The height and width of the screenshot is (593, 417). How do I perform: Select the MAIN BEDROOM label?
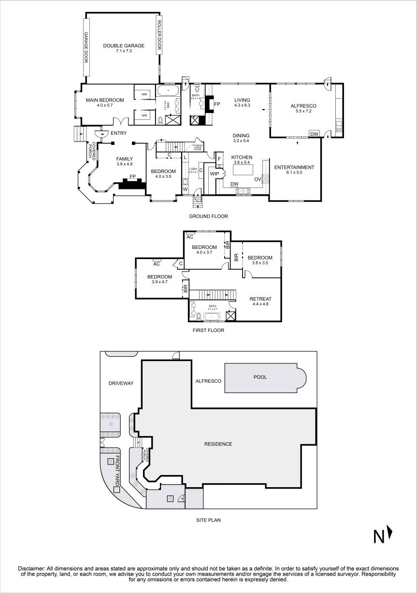point(105,100)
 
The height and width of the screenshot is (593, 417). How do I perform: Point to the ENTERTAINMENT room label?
point(294,167)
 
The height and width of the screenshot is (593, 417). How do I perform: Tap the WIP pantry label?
point(215,174)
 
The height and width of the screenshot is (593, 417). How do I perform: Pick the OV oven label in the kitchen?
point(258,178)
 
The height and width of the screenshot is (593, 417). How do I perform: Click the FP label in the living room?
point(217,104)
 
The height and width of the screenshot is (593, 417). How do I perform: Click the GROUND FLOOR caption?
point(208,216)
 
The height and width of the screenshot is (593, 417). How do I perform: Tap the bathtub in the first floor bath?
point(211,317)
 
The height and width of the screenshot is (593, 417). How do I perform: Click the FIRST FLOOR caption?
point(208,331)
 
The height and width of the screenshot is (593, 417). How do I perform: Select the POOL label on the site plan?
point(261,377)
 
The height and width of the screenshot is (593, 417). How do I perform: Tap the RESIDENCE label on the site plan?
point(218,444)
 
